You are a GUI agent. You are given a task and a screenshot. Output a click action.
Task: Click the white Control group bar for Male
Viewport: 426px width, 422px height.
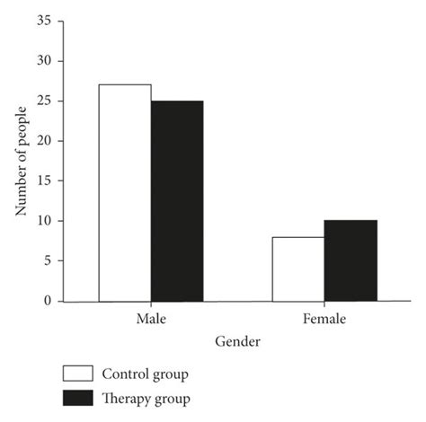[125, 192]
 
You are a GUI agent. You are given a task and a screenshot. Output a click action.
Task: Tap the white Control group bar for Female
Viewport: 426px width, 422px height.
[298, 268]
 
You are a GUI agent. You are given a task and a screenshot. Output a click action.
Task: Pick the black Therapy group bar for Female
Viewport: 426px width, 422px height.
[351, 260]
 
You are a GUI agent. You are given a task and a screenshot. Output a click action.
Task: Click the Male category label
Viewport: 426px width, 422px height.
[151, 319]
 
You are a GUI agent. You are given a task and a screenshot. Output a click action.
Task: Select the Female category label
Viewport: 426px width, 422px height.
[324, 319]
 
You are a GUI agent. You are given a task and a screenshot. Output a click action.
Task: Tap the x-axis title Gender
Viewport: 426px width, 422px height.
[237, 342]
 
